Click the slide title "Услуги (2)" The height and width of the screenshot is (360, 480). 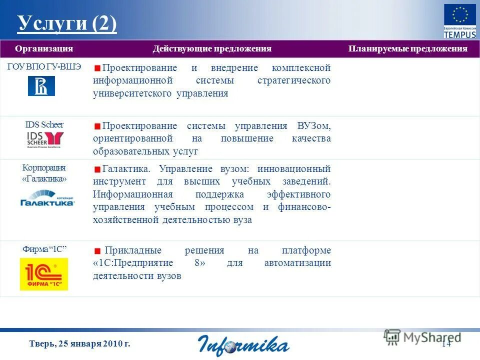[67, 23]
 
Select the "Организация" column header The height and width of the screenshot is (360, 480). [44, 48]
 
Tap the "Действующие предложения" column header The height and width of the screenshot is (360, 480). [212, 48]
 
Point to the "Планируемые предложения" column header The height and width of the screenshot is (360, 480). [407, 48]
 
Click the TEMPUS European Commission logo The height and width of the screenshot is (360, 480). [460, 20]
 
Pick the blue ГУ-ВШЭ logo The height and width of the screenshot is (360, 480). [41, 85]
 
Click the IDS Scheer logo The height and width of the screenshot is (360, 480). [45, 139]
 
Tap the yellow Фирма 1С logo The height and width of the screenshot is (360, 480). [44, 274]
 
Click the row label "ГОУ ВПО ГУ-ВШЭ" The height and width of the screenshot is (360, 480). [44, 67]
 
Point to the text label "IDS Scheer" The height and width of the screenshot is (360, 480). [44, 124]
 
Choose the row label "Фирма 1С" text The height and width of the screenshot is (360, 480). [44, 249]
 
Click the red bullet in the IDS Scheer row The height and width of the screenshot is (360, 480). [97, 126]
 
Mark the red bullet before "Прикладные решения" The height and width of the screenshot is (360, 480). [97, 251]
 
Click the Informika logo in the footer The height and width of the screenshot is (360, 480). [243, 344]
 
